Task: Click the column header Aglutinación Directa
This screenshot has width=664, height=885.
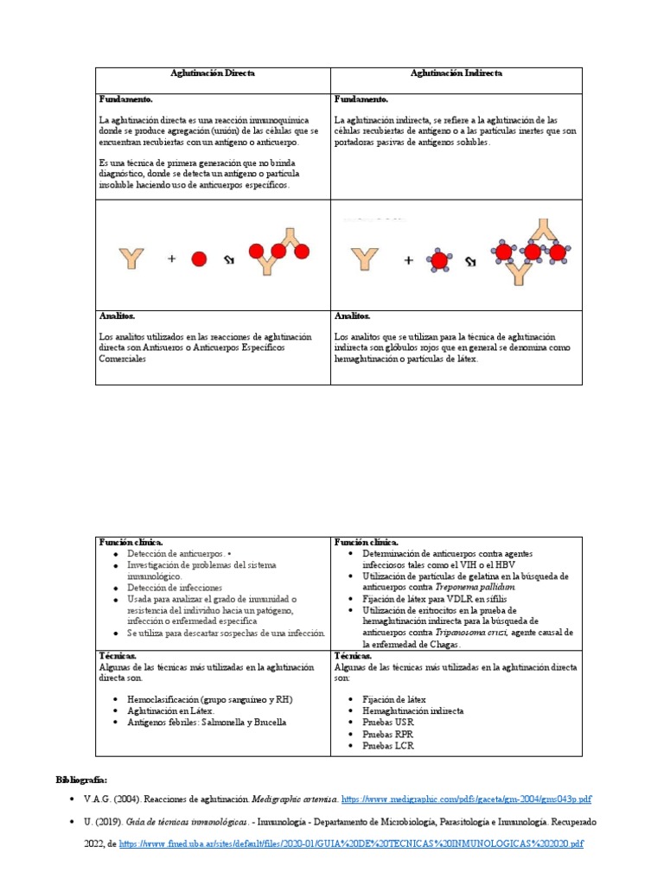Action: tap(214, 73)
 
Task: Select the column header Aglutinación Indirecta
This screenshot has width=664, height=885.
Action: tap(456, 73)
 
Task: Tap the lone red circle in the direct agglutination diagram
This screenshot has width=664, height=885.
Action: tap(199, 258)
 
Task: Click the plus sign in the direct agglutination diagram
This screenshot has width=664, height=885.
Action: tap(171, 258)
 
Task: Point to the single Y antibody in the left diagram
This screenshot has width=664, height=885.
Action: tap(132, 258)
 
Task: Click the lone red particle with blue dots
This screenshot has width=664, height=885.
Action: tap(438, 259)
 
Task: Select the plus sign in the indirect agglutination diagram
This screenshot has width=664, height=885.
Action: tap(408, 259)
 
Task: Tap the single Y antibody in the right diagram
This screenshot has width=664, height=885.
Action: tap(365, 259)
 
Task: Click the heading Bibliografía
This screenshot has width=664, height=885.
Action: tap(82, 779)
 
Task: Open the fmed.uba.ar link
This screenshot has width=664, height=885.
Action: tap(351, 842)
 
